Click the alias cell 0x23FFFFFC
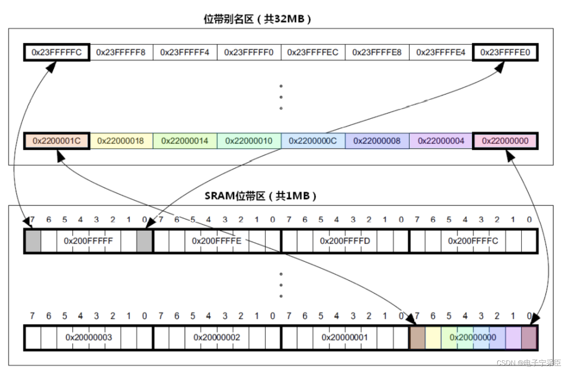coord(56,52)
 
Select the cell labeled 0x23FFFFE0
coord(505,52)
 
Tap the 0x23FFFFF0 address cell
coord(249,52)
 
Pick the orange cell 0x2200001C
coord(56,141)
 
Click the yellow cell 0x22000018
coord(120,141)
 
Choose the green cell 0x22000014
coord(184,141)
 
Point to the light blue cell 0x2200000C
coord(313,141)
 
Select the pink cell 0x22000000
coord(505,141)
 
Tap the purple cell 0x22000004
coord(441,141)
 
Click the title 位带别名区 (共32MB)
coord(257,19)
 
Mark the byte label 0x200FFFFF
coord(88,241)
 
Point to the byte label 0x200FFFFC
coord(473,241)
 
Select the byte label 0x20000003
coord(88,337)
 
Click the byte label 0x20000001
coord(345,337)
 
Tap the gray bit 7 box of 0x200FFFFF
coord(33,241)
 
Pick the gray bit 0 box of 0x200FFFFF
coord(144,241)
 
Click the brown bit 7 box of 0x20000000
coord(417,338)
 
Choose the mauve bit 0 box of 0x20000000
coord(529,338)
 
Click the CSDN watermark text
coord(528,362)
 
